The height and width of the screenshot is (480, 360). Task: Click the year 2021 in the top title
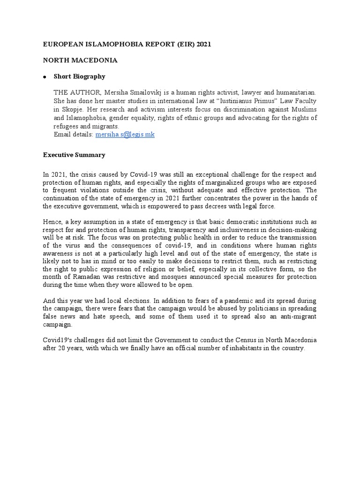(204, 45)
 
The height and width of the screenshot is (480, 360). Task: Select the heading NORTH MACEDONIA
(80, 60)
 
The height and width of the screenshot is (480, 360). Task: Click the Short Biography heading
(79, 76)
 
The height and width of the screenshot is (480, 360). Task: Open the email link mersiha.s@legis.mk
(125, 135)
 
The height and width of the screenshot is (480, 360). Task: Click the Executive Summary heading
(74, 155)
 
